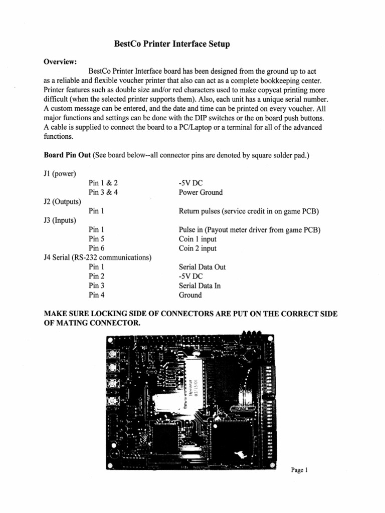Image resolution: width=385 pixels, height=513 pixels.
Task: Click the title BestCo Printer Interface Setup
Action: pos(172,45)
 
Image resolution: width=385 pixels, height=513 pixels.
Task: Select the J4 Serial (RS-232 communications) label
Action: pos(98,258)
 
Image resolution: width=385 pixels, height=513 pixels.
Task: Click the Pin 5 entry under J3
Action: pos(96,239)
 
